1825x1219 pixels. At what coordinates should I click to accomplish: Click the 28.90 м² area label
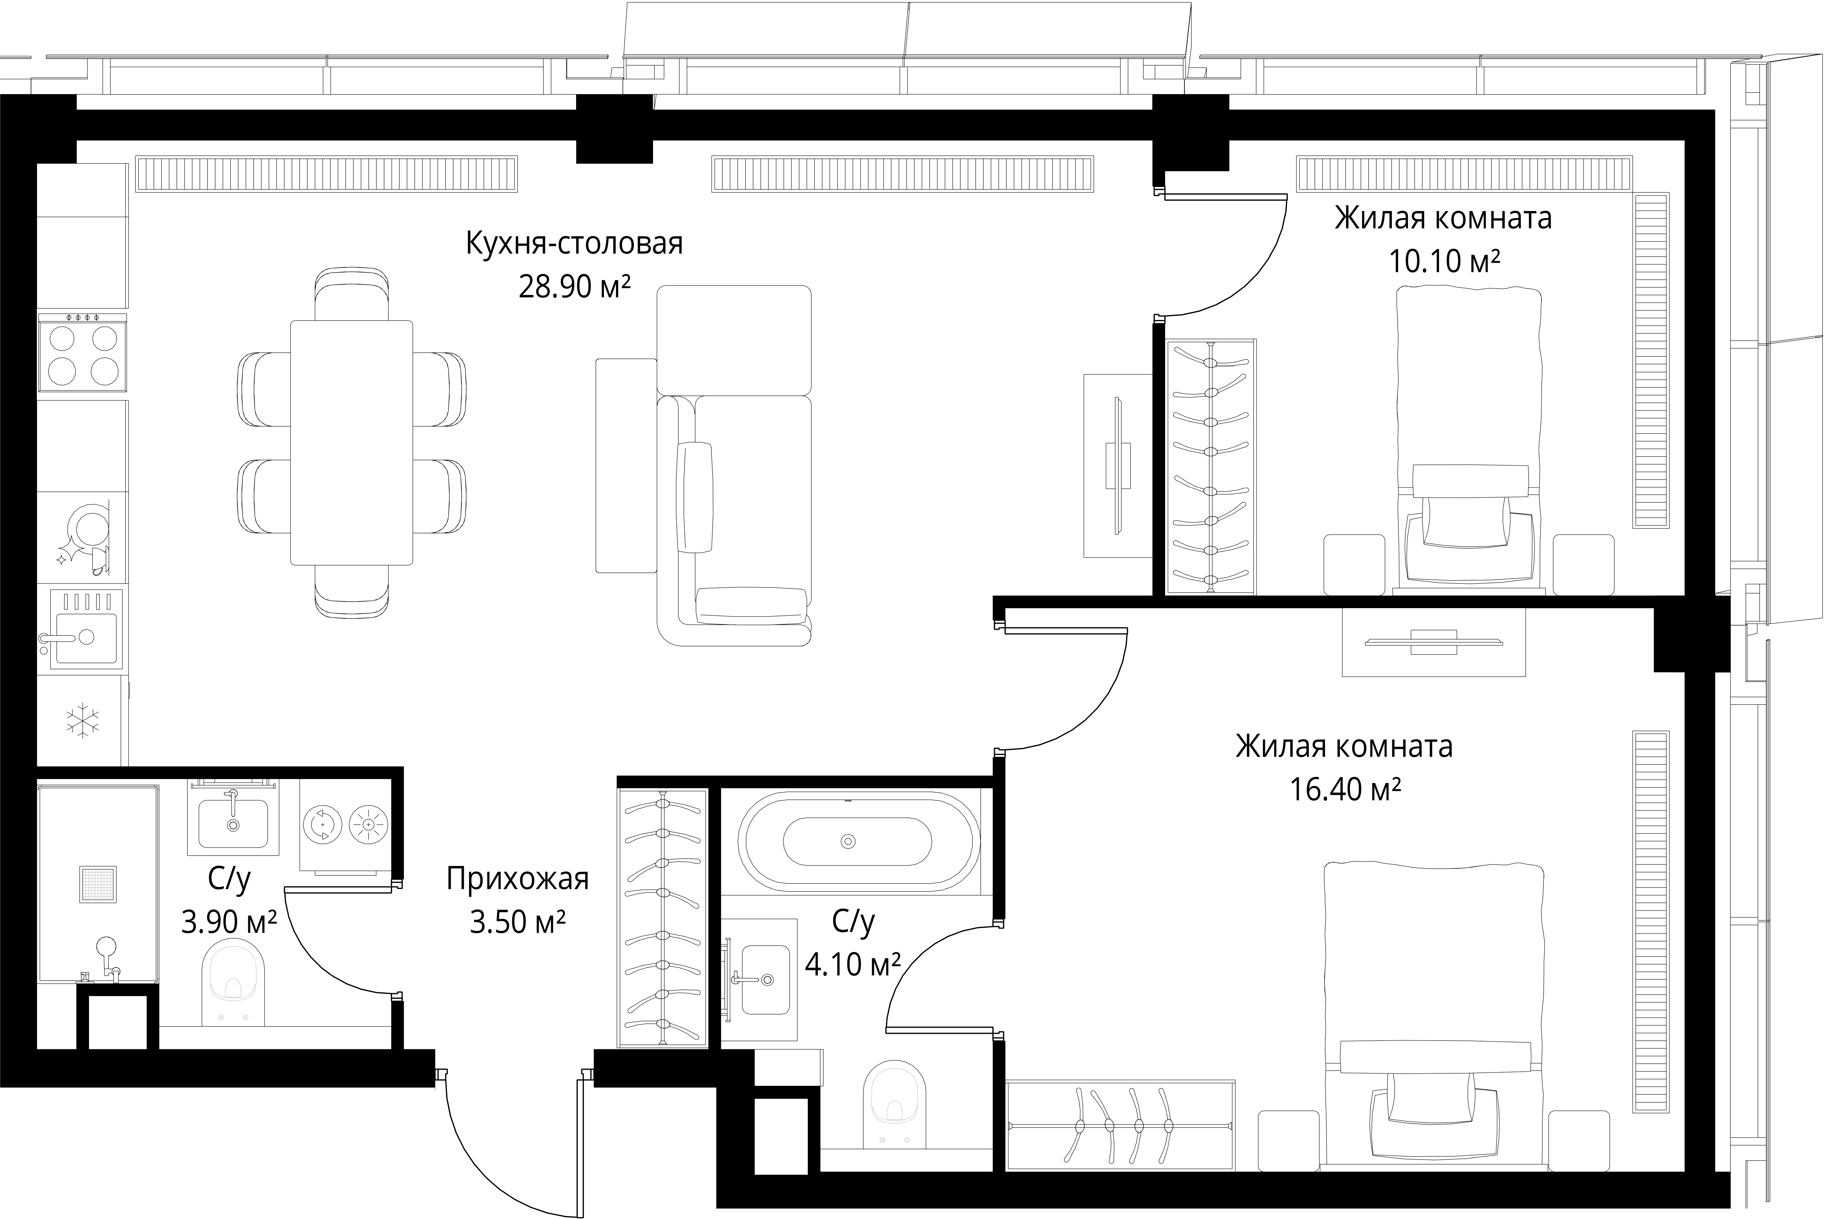(x=574, y=287)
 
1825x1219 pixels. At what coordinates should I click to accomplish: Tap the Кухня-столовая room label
(x=574, y=243)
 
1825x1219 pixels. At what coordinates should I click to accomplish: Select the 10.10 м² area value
(x=1444, y=262)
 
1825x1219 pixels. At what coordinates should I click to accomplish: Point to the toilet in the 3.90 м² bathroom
(x=233, y=982)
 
